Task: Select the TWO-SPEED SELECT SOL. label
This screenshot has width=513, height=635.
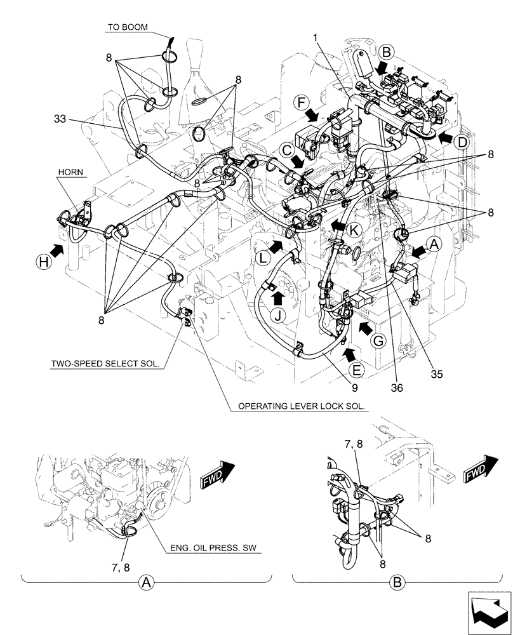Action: point(107,364)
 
